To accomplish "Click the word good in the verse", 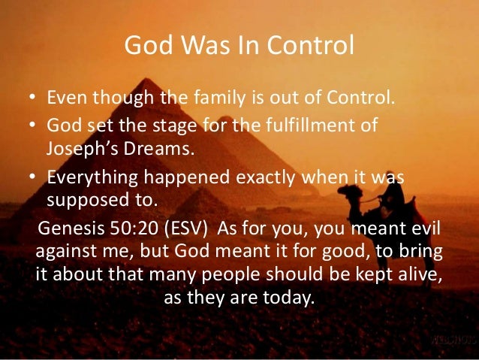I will click(x=324, y=251).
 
